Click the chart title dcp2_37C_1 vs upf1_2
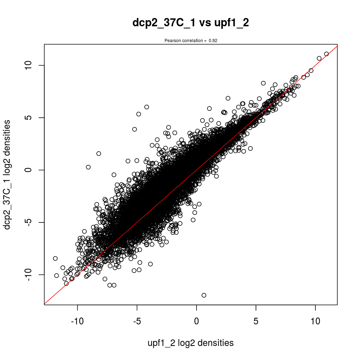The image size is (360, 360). pyautogui.click(x=190, y=23)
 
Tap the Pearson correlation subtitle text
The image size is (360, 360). pyautogui.click(x=190, y=41)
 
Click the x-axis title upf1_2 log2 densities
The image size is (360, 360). pyautogui.click(x=190, y=343)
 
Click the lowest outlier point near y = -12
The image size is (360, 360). pyautogui.click(x=204, y=295)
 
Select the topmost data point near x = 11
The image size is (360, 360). pyautogui.click(x=327, y=54)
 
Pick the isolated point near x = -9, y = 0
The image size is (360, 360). pyautogui.click(x=88, y=167)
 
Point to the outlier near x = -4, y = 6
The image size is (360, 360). pyautogui.click(x=147, y=107)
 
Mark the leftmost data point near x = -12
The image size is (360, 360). pyautogui.click(x=55, y=258)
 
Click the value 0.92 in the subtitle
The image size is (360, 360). pyautogui.click(x=213, y=41)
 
